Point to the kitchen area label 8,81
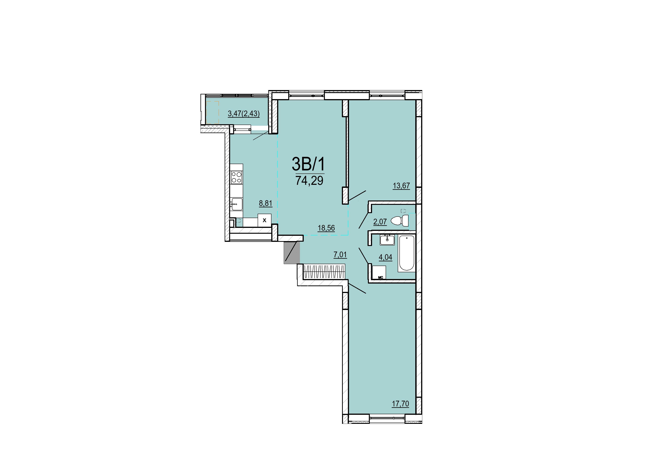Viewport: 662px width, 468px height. coord(266,203)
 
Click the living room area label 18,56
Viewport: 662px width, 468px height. coord(326,228)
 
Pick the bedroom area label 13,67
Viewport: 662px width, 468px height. coord(401,186)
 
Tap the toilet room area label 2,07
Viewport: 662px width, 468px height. coord(380,222)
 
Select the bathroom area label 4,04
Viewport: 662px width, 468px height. coord(385,257)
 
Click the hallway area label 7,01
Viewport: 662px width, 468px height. coord(340,255)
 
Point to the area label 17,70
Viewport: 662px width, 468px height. coord(400,404)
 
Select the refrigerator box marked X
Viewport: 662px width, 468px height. coord(264,220)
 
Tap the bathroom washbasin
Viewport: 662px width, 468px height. coord(387,240)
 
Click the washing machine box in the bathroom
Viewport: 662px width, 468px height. coord(379,272)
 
